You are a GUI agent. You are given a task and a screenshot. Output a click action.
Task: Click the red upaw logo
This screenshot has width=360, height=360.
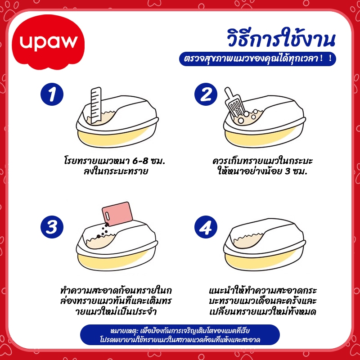pyautogui.click(x=49, y=42)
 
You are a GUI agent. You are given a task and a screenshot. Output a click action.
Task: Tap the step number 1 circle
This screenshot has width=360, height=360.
pyautogui.click(x=52, y=94)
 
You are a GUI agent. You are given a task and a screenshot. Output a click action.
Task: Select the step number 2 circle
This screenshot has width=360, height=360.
pyautogui.click(x=206, y=94)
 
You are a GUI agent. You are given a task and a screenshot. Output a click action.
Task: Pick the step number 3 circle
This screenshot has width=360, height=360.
pyautogui.click(x=52, y=227)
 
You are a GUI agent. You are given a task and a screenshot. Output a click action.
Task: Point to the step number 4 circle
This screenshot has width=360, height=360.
pyautogui.click(x=206, y=227)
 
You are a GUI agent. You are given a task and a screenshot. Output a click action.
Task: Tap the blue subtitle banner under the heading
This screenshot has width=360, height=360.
pyautogui.click(x=257, y=59)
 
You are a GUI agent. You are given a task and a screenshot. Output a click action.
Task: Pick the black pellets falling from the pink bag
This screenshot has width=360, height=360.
pyautogui.click(x=103, y=230)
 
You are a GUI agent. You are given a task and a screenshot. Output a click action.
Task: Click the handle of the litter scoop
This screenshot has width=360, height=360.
pyautogui.click(x=229, y=94)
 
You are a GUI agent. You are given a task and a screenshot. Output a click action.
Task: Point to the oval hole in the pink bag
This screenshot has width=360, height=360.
pyautogui.click(x=108, y=216)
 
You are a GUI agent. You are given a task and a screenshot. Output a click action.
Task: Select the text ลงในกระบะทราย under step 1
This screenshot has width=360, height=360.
pyautogui.click(x=115, y=172)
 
